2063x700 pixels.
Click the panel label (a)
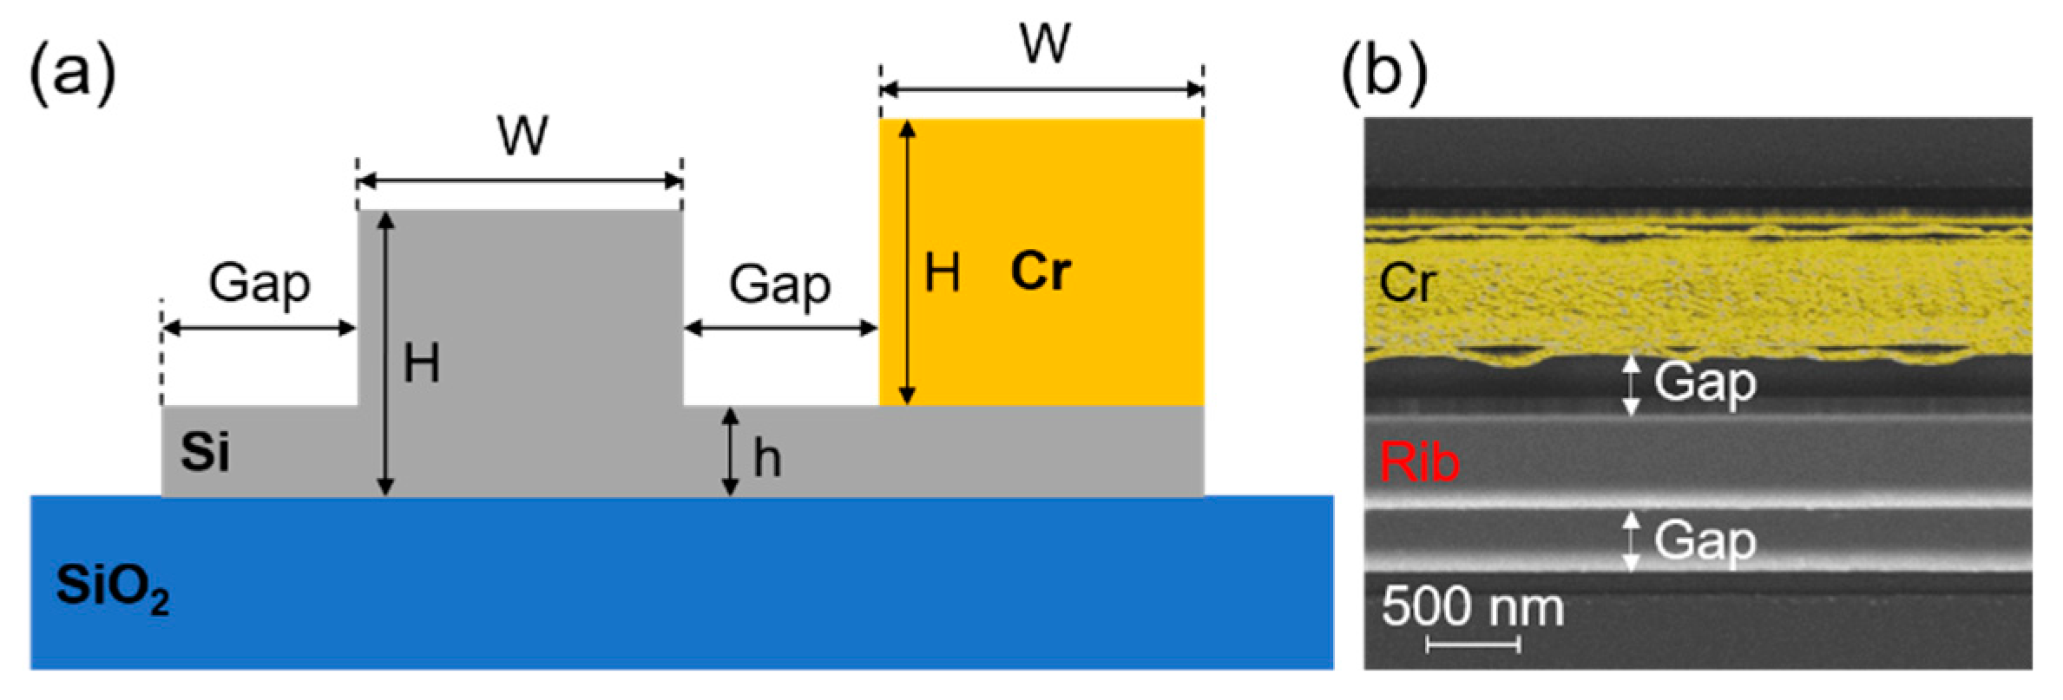pos(73,75)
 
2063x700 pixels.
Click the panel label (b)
pos(1384,75)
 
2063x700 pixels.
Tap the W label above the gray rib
pos(522,136)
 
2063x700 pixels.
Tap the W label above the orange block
pos(1045,43)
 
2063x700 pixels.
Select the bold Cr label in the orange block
pos(1041,271)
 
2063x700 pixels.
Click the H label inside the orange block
pos(942,273)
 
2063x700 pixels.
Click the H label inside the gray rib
pos(422,363)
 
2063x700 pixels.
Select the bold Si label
pos(205,452)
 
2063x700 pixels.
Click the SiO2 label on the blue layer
pos(112,587)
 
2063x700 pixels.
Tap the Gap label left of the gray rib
pos(260,285)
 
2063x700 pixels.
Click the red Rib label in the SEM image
pos(1419,462)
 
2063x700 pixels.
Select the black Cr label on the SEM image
pos(1407,283)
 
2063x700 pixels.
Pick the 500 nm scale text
pos(1472,606)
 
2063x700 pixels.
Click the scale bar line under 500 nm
pos(1473,644)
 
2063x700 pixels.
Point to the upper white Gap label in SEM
pos(1705,383)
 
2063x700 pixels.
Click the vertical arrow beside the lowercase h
pos(731,452)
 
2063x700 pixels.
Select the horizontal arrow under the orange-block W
pos(1041,89)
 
